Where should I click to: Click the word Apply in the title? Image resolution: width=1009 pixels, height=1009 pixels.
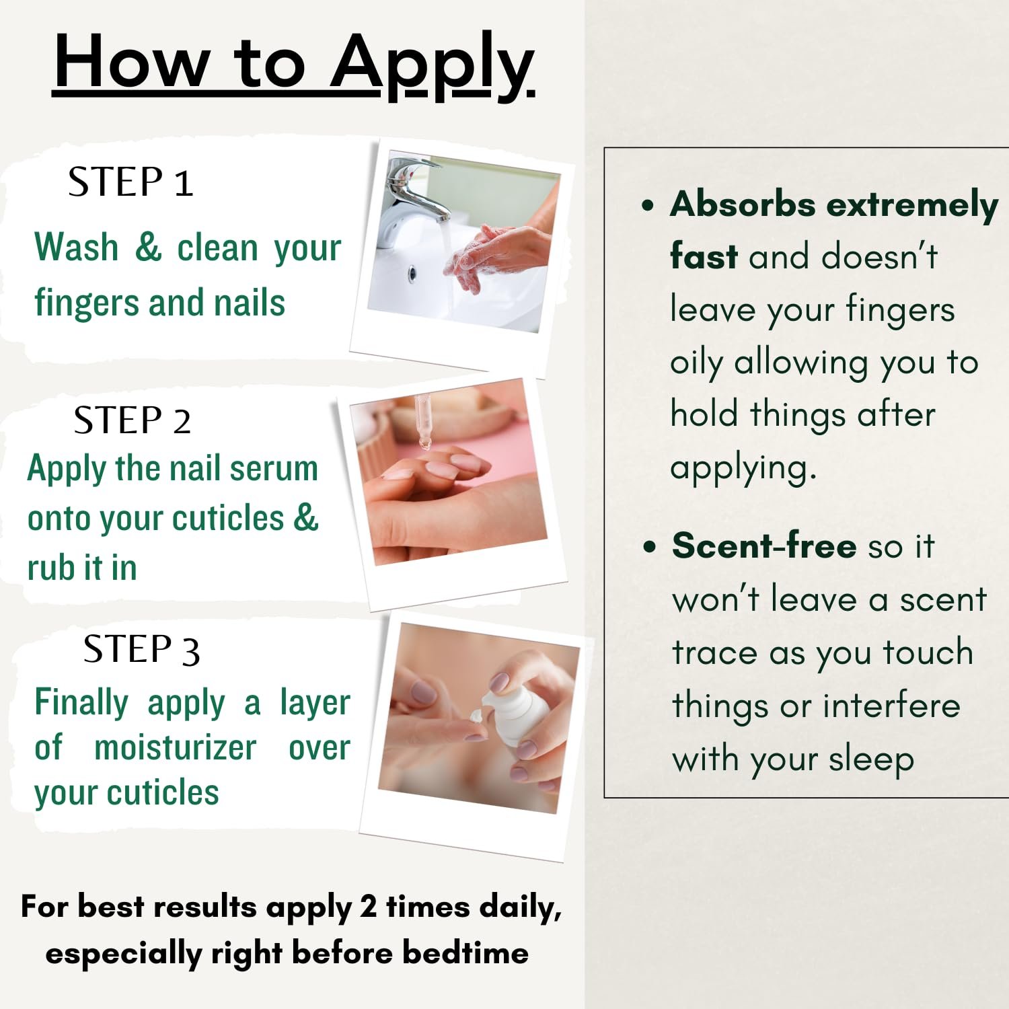[x=432, y=65]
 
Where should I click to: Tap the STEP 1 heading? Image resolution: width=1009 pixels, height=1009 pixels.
[x=130, y=182]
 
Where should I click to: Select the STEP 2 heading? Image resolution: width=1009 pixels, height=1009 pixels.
[x=133, y=420]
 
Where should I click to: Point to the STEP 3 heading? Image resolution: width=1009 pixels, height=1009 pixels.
[x=141, y=650]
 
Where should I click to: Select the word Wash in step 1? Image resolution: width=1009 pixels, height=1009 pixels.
[x=77, y=247]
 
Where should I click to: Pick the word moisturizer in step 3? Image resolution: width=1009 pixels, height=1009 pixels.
[x=175, y=747]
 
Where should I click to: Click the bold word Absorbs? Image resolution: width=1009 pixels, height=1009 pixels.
[x=743, y=204]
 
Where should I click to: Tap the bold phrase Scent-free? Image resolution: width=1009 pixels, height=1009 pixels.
[x=764, y=545]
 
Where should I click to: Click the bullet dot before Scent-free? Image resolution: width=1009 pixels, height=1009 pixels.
[x=649, y=546]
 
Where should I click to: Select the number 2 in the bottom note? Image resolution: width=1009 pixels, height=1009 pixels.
[x=368, y=906]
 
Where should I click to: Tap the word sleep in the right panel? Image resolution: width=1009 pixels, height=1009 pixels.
[x=871, y=760]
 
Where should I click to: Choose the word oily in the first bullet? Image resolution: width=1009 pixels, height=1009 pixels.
[x=696, y=364]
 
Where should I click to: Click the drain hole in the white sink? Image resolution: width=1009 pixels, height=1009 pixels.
[x=412, y=274]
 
